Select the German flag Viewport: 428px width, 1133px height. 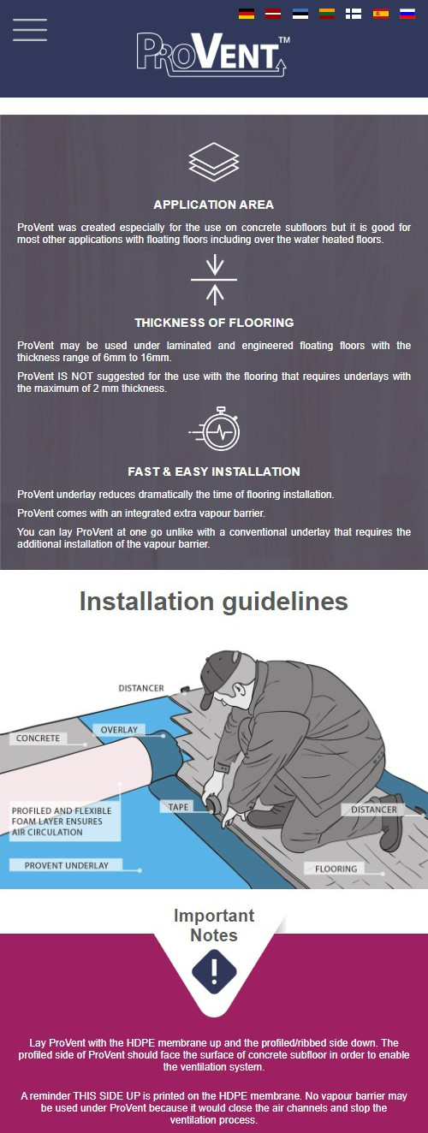(247, 14)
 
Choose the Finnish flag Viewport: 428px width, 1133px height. (353, 14)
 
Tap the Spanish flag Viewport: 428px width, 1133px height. (380, 14)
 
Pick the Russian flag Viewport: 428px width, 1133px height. (407, 14)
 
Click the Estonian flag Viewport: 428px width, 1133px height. (300, 14)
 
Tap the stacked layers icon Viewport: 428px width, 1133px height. (213, 163)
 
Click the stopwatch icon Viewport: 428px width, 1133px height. (215, 430)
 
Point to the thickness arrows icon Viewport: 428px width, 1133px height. (214, 279)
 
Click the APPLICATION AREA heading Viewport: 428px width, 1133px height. (213, 205)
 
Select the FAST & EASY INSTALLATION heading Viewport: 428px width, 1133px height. (213, 472)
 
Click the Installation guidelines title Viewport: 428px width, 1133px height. (213, 602)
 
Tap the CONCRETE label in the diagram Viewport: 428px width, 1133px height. (38, 738)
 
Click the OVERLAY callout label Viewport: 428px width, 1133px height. (119, 730)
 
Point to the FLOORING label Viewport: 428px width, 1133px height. (336, 869)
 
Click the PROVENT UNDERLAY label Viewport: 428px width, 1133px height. (66, 865)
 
